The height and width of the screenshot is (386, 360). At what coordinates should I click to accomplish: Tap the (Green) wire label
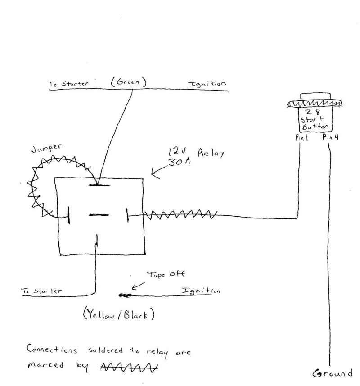point(129,82)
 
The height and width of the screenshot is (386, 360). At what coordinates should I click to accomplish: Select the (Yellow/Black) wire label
point(119,315)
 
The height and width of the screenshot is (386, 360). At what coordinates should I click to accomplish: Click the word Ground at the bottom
point(332,373)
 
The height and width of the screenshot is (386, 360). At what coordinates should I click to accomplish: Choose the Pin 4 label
point(330,138)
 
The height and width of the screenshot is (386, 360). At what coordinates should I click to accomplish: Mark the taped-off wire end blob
point(124,296)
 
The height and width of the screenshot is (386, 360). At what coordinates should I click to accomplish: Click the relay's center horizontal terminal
point(98,214)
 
